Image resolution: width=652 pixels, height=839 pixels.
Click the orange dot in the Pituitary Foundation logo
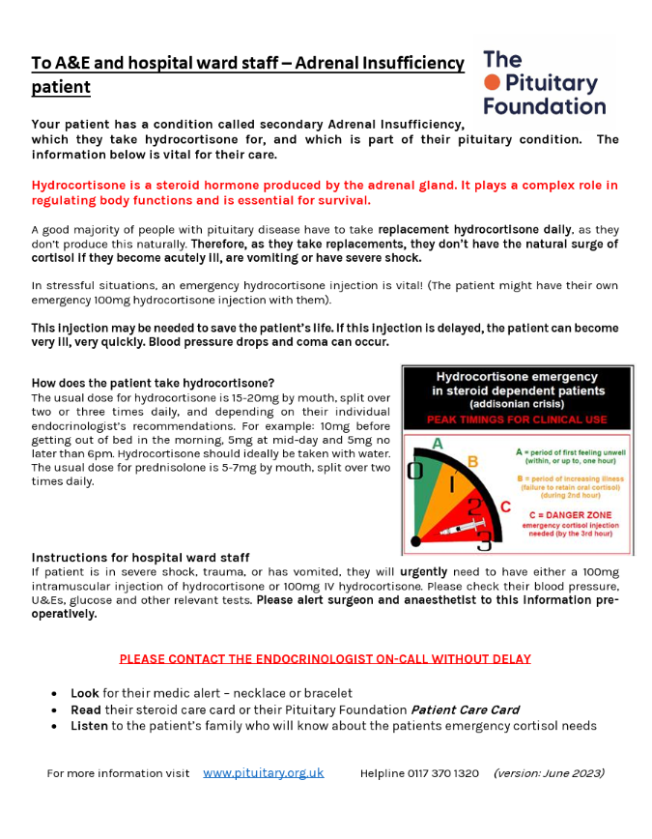[492, 83]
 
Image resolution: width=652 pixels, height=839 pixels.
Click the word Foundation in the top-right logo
[544, 106]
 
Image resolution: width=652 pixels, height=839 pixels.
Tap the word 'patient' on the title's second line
[61, 87]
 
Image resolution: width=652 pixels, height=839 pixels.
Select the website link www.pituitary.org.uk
[263, 772]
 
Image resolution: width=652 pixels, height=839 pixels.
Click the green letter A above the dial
[438, 444]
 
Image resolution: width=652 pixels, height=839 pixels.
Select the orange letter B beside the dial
[472, 461]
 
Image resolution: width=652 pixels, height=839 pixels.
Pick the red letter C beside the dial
[504, 506]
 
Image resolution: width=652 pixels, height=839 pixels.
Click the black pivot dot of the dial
[415, 541]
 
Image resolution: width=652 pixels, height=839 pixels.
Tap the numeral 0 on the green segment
[415, 471]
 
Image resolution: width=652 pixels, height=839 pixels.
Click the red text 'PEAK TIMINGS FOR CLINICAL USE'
[517, 419]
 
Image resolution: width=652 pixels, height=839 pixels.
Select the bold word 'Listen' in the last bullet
[89, 726]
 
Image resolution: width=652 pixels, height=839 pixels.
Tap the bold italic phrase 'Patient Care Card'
[465, 709]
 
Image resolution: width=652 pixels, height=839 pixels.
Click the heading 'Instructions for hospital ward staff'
[140, 558]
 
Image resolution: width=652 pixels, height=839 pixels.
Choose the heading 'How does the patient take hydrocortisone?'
[153, 383]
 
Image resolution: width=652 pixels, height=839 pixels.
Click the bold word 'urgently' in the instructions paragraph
[424, 572]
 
